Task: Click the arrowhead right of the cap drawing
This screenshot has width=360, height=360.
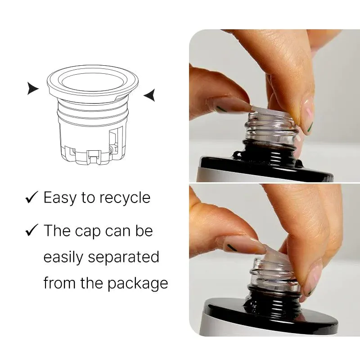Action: (149, 95)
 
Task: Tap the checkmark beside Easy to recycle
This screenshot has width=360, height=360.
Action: (31, 197)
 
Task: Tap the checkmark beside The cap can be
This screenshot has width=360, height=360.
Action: (31, 230)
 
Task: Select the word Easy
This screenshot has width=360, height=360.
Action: (60, 198)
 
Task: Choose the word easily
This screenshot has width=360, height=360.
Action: (63, 257)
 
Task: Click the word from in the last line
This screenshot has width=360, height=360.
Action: (59, 283)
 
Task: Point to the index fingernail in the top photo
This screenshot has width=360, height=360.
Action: (307, 117)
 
